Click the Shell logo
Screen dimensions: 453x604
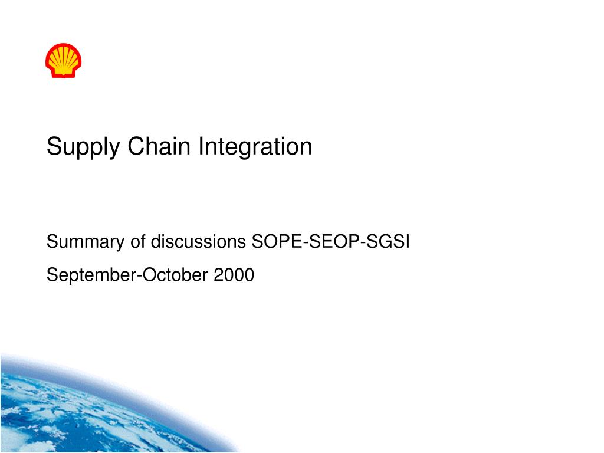[x=63, y=60]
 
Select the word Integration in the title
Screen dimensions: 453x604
[x=255, y=147]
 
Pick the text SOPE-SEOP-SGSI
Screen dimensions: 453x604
[x=330, y=242]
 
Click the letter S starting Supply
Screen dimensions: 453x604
[x=53, y=146]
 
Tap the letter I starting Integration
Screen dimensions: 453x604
[x=201, y=146]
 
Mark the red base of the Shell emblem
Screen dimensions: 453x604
[x=63, y=74]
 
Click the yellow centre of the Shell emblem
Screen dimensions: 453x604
[x=63, y=58]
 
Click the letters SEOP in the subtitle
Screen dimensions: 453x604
[x=331, y=242]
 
